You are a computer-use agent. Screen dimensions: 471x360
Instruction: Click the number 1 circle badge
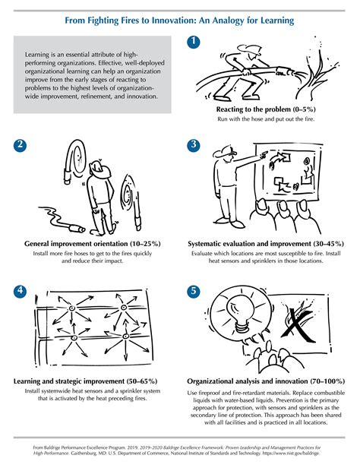pyautogui.click(x=194, y=42)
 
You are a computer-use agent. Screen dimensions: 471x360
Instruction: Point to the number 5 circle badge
pyautogui.click(x=194, y=289)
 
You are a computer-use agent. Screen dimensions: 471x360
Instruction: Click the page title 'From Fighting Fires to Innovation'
pyautogui.click(x=180, y=11)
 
